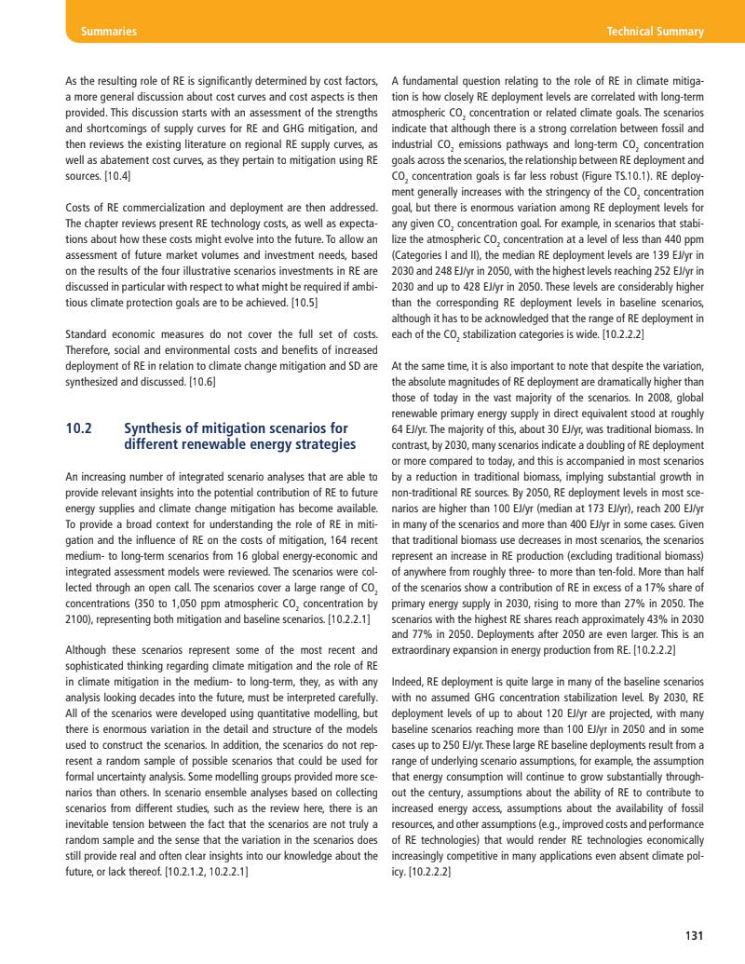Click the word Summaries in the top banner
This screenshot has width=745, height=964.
coord(109,32)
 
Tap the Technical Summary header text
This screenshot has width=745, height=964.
coord(655,32)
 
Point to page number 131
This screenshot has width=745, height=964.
coord(694,936)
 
